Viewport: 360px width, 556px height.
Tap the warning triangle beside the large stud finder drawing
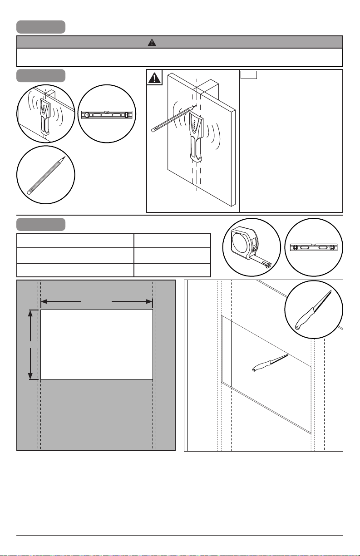tap(155, 78)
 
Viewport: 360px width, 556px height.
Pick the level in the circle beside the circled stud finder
tap(106, 115)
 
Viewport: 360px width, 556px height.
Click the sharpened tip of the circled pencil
tap(64, 158)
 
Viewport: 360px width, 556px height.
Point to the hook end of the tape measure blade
tap(268, 265)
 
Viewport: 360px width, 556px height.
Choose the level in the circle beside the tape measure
tap(314, 247)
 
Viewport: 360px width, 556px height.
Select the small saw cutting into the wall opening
tap(270, 363)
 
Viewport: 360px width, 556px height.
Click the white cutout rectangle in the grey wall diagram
tap(96, 344)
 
